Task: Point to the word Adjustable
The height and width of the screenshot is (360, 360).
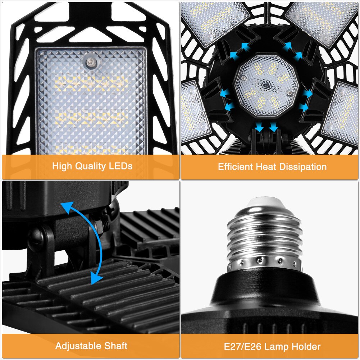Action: (x=77, y=346)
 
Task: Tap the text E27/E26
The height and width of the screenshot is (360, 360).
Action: (x=243, y=347)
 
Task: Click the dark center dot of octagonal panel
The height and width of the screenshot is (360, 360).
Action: (x=267, y=86)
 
